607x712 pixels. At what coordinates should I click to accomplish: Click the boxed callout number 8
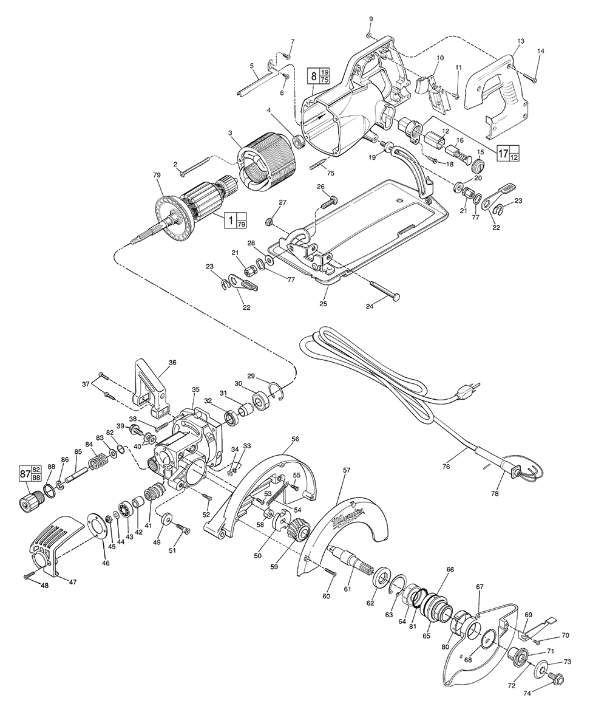coord(314,77)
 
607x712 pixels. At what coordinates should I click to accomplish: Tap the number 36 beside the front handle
coord(172,363)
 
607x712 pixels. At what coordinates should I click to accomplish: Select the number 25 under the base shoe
coord(323,303)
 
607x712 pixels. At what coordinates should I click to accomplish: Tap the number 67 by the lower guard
coord(480,586)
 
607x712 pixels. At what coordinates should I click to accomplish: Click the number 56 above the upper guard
coord(295,439)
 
